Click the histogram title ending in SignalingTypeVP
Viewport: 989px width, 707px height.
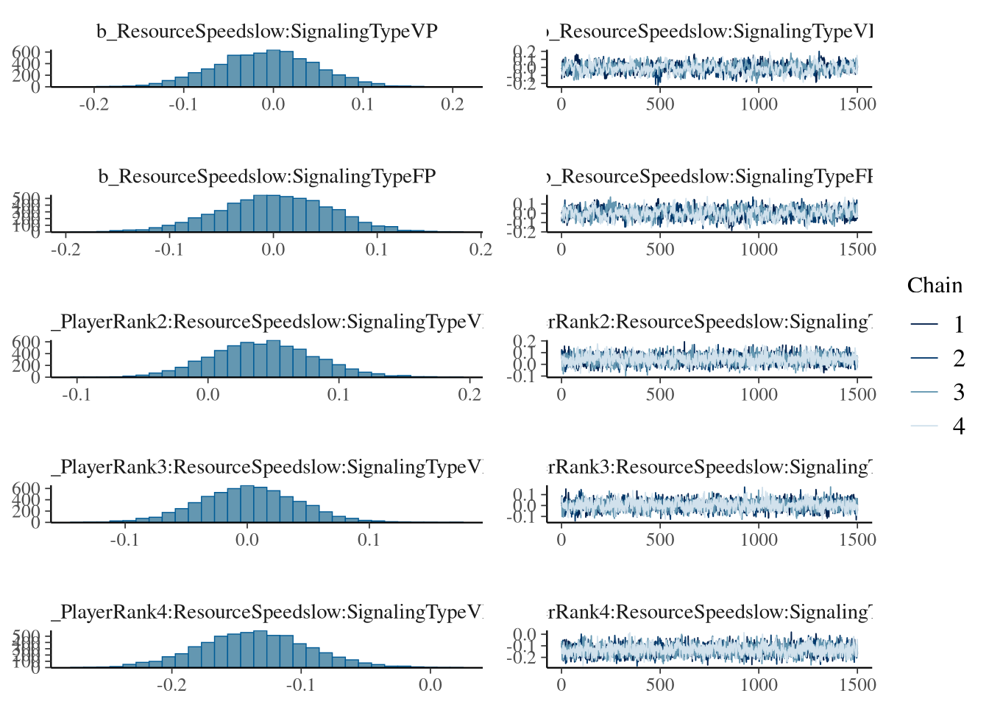267,32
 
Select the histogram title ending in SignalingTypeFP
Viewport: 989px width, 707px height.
267,177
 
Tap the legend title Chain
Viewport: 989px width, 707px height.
935,286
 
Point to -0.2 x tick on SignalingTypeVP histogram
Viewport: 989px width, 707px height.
93,104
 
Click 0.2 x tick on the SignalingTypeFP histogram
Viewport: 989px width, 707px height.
481,249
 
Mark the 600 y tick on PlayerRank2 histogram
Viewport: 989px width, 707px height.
26,342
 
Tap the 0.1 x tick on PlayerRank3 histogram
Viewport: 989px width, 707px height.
369,539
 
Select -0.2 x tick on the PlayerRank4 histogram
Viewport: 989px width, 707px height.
171,684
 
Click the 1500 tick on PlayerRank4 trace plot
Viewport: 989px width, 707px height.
857,684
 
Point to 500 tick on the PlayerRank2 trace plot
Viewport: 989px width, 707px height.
660,394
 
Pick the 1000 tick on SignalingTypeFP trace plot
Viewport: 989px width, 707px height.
759,249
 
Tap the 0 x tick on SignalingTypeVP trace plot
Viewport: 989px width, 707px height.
561,104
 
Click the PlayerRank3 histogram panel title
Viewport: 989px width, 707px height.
267,467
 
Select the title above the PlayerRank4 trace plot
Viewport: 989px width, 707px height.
709,612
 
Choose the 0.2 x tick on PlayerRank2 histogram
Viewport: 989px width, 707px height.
469,394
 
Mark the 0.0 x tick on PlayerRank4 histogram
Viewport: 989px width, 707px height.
430,684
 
